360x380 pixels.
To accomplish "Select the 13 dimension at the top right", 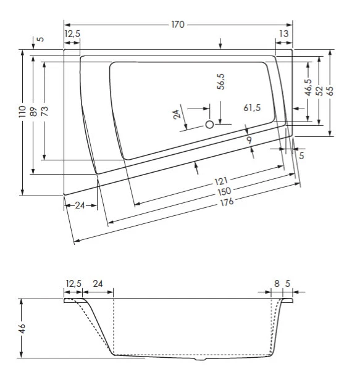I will (283, 35).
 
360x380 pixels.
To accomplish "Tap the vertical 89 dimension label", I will (33, 111).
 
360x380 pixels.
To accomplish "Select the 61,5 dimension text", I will (252, 108).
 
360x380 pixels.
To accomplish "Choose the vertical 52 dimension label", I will (319, 91).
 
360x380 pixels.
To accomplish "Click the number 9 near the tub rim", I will (249, 140).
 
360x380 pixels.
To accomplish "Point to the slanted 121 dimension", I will (221, 182).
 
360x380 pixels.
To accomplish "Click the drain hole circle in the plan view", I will (209, 125).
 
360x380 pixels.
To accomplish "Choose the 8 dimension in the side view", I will (277, 284).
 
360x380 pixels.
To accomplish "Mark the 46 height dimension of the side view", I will (22, 328).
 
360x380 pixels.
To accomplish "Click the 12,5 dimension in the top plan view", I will (72, 35).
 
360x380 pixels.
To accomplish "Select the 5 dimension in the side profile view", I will (288, 284).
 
